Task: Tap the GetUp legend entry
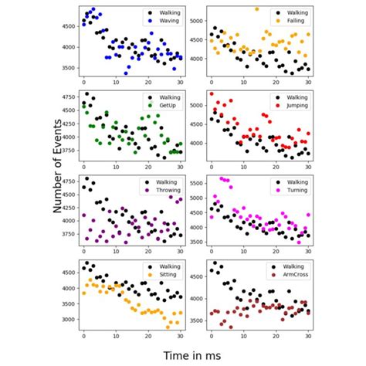[x=164, y=106]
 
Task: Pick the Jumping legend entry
[x=293, y=106]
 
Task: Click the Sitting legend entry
[x=164, y=276]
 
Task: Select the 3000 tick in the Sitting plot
[x=66, y=319]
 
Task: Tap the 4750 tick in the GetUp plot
[x=66, y=97]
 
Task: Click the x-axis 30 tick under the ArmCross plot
[x=308, y=337]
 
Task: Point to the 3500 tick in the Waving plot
[x=66, y=68]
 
